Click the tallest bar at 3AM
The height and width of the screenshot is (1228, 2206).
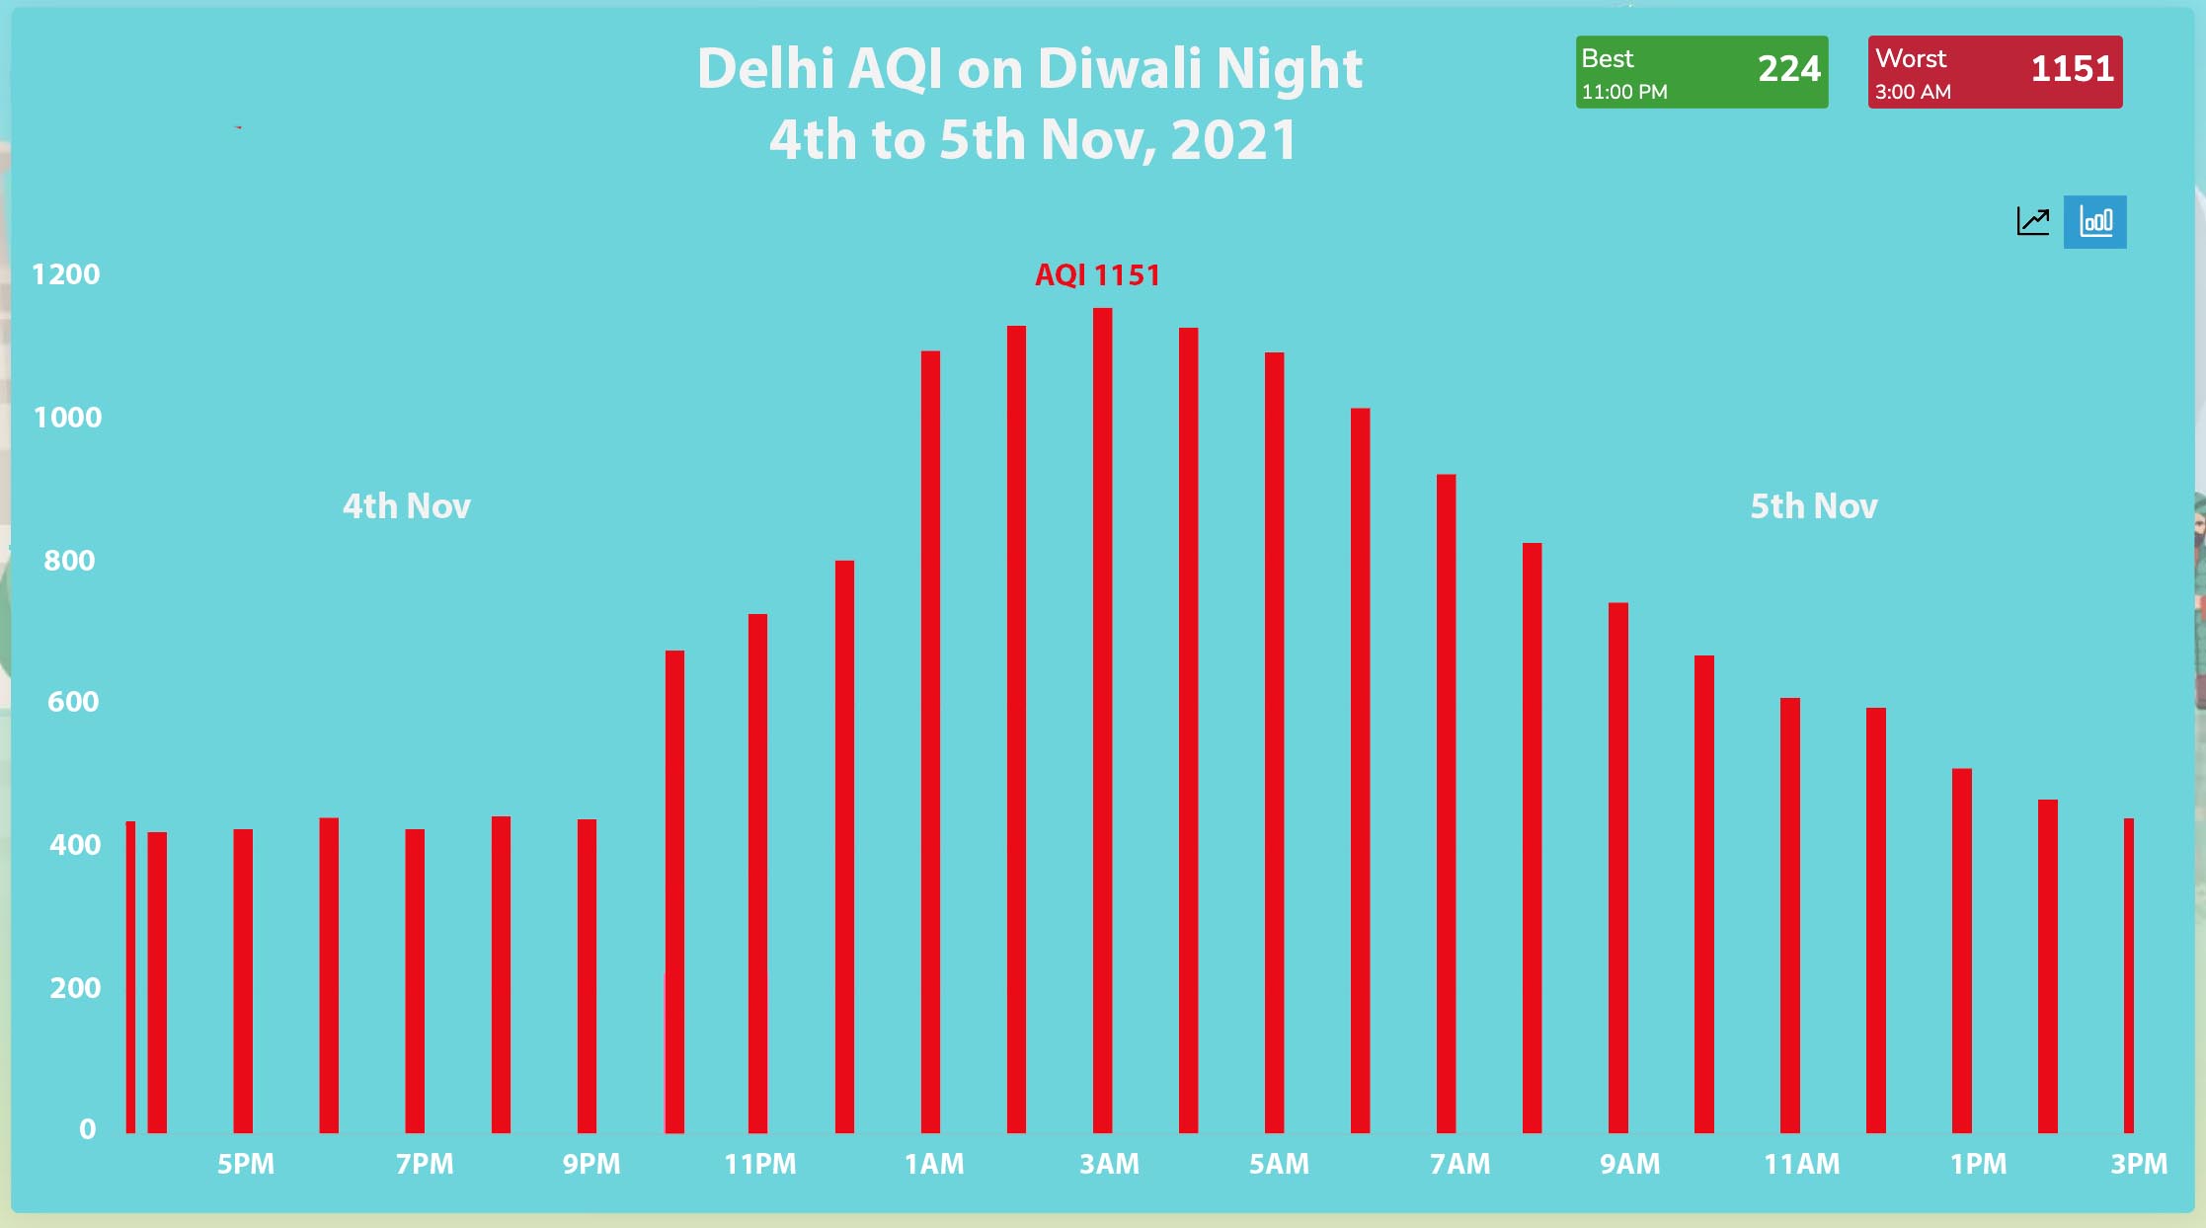pyautogui.click(x=1102, y=721)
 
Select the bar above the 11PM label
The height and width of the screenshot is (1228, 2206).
pyautogui.click(x=757, y=874)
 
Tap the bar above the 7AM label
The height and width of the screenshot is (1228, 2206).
pyautogui.click(x=1446, y=804)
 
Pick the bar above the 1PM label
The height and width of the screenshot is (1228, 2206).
pyautogui.click(x=1961, y=950)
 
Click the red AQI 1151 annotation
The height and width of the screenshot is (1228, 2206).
pyautogui.click(x=1097, y=275)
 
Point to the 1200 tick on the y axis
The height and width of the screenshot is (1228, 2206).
pyautogui.click(x=66, y=274)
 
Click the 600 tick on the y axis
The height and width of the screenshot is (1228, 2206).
pyautogui.click(x=73, y=702)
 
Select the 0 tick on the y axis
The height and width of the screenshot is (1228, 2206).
pyautogui.click(x=88, y=1129)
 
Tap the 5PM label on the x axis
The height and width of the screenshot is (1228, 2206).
pyautogui.click(x=246, y=1164)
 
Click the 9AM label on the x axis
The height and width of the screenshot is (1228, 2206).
pyautogui.click(x=1629, y=1164)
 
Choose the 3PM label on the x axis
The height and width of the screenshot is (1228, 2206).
pyautogui.click(x=2139, y=1164)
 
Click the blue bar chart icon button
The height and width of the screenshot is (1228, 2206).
pyautogui.click(x=2094, y=222)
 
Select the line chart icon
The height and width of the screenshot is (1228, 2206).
pyautogui.click(x=2032, y=221)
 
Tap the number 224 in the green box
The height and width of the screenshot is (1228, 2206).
pyautogui.click(x=1788, y=69)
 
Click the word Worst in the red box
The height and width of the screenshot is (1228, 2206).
pyautogui.click(x=1911, y=59)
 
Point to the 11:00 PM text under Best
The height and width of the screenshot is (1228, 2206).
pyautogui.click(x=1624, y=92)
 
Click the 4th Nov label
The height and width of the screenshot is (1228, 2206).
pyautogui.click(x=406, y=506)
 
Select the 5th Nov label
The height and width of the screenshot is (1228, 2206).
pyautogui.click(x=1813, y=506)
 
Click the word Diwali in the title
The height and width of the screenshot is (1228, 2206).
pyautogui.click(x=1121, y=69)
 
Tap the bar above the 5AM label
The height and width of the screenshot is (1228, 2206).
pyautogui.click(x=1274, y=742)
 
